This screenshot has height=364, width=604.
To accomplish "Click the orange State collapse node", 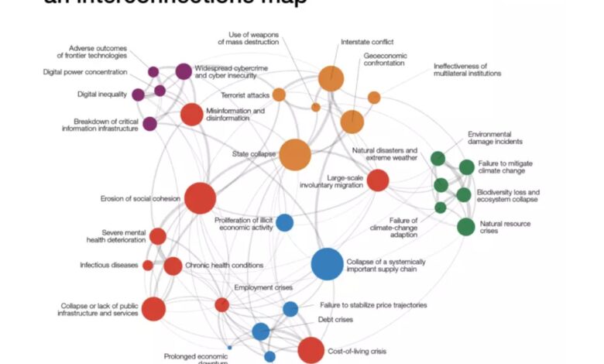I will pos(295,155).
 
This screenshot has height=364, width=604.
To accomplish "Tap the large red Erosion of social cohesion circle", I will pos(200,198).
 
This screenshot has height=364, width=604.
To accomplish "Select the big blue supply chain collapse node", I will pos(328,264).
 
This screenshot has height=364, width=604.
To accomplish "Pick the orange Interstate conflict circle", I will pos(331,79).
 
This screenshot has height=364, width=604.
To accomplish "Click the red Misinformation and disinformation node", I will pos(191,115).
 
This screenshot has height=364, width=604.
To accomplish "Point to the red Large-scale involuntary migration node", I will pos(377,180).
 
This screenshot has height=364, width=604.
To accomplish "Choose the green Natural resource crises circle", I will pos(465,226).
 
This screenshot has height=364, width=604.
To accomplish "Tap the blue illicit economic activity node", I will pos(285,222).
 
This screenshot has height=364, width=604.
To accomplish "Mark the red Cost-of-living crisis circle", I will pos(311,350).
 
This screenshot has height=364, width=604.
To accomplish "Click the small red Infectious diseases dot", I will pos(147,266).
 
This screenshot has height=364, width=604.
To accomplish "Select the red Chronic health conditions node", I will pos(173,266).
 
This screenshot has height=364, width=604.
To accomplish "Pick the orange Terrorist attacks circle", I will pos(279,94).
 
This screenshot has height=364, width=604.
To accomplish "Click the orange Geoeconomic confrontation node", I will pos(352,122).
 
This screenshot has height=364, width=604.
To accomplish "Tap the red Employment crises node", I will pos(222,304).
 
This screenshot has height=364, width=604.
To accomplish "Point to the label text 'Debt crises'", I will pos(335,319).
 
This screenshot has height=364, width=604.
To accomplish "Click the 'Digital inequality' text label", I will pos(101,94).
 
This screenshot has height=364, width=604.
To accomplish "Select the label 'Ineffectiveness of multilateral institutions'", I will pos(467,70).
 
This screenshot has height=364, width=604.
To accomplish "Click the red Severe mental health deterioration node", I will pos(157,236).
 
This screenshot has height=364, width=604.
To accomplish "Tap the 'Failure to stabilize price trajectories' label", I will pos(373,305).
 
